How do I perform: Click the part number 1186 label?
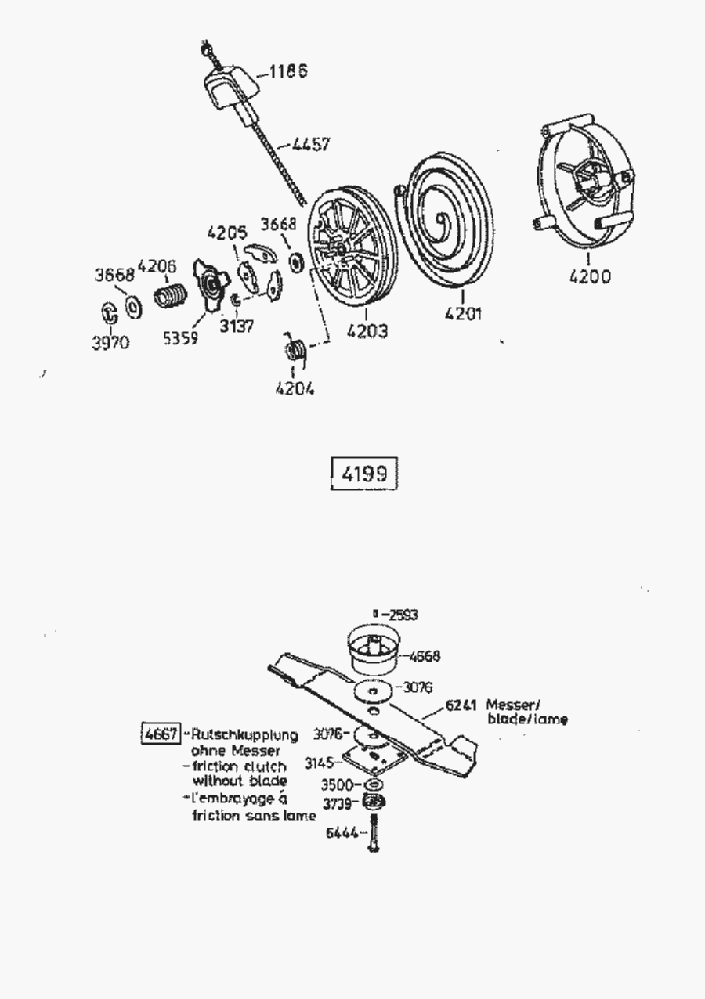coord(287,72)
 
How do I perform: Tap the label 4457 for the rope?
coord(311,145)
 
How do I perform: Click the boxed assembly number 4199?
coord(363,474)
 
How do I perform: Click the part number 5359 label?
coord(180,337)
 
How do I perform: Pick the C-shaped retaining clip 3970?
coord(110,312)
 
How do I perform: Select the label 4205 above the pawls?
coord(227,233)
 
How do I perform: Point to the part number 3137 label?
coord(236,326)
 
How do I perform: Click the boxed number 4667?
coord(161,734)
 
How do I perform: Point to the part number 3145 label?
coord(320,763)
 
